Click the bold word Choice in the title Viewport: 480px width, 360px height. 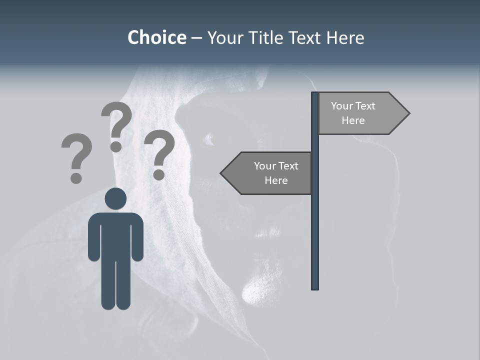tap(156, 37)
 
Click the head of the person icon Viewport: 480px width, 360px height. tap(115, 199)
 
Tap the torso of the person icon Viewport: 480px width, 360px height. tap(115, 235)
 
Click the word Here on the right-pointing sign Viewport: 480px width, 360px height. tap(353, 120)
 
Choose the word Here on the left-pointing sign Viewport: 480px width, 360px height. tap(276, 180)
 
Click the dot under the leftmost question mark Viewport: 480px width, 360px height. tap(76, 177)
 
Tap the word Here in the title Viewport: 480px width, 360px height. tap(345, 37)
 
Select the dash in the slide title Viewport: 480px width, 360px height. tap(196, 38)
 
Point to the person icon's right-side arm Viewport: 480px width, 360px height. tap(137, 237)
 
